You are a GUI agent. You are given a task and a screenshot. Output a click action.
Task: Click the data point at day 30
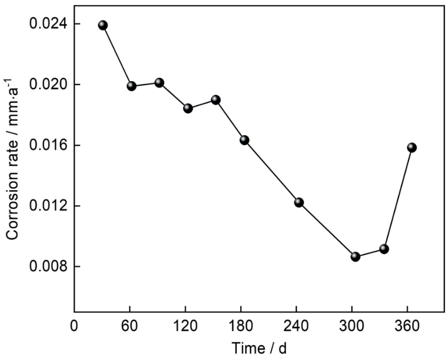click(103, 25)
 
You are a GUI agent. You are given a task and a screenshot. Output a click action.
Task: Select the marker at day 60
click(131, 86)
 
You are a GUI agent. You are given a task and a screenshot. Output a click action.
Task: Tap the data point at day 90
click(159, 82)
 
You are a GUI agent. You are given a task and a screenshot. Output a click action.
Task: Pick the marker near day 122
click(188, 108)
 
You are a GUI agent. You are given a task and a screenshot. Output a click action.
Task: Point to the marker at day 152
click(216, 100)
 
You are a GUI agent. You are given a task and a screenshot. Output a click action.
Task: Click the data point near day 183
click(244, 140)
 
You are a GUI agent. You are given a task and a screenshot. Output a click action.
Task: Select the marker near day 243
click(299, 202)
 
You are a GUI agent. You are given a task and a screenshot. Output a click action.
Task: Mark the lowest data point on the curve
click(355, 257)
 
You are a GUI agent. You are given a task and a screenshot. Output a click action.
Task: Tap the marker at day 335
click(384, 249)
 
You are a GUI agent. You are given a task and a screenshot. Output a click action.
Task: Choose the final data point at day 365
click(412, 147)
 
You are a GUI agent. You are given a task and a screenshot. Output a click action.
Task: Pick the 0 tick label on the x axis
click(74, 326)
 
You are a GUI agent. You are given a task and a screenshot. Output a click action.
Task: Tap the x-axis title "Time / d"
click(259, 348)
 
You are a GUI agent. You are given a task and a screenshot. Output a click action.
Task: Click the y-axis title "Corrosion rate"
click(12, 175)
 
